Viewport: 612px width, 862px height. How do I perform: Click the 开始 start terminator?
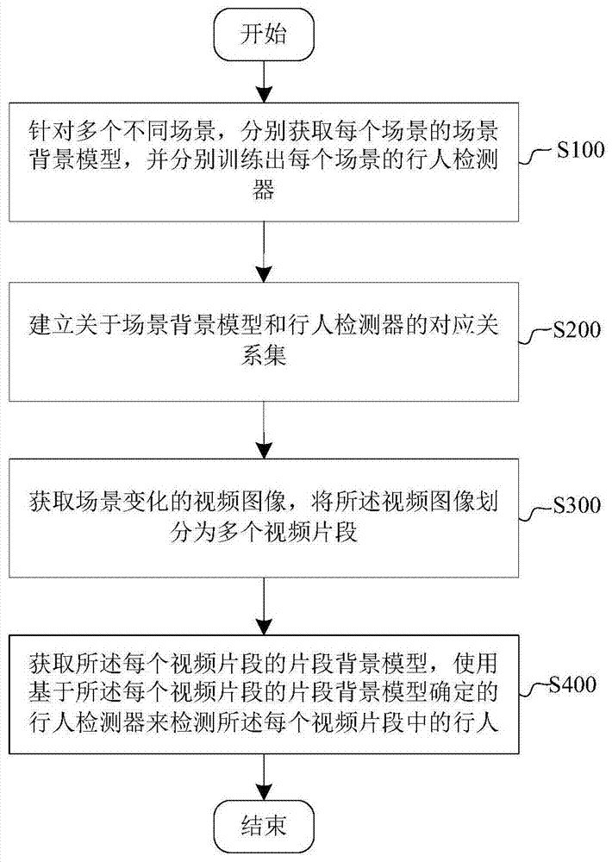(x=264, y=34)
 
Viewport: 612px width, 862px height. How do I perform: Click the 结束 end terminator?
(x=264, y=827)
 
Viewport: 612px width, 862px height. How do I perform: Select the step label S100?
(x=580, y=149)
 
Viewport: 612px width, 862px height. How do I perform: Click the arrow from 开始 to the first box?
(x=264, y=81)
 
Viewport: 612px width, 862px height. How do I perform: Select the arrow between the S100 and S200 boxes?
(x=264, y=252)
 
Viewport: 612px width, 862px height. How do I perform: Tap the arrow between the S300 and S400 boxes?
(x=264, y=606)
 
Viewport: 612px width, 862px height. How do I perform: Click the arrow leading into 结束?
(x=264, y=777)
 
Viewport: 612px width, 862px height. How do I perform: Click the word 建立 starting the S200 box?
(x=52, y=324)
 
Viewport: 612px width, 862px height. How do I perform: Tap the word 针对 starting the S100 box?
(x=52, y=131)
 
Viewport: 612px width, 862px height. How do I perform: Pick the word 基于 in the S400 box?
(x=52, y=693)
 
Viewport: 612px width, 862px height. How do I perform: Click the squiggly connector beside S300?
(x=536, y=511)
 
